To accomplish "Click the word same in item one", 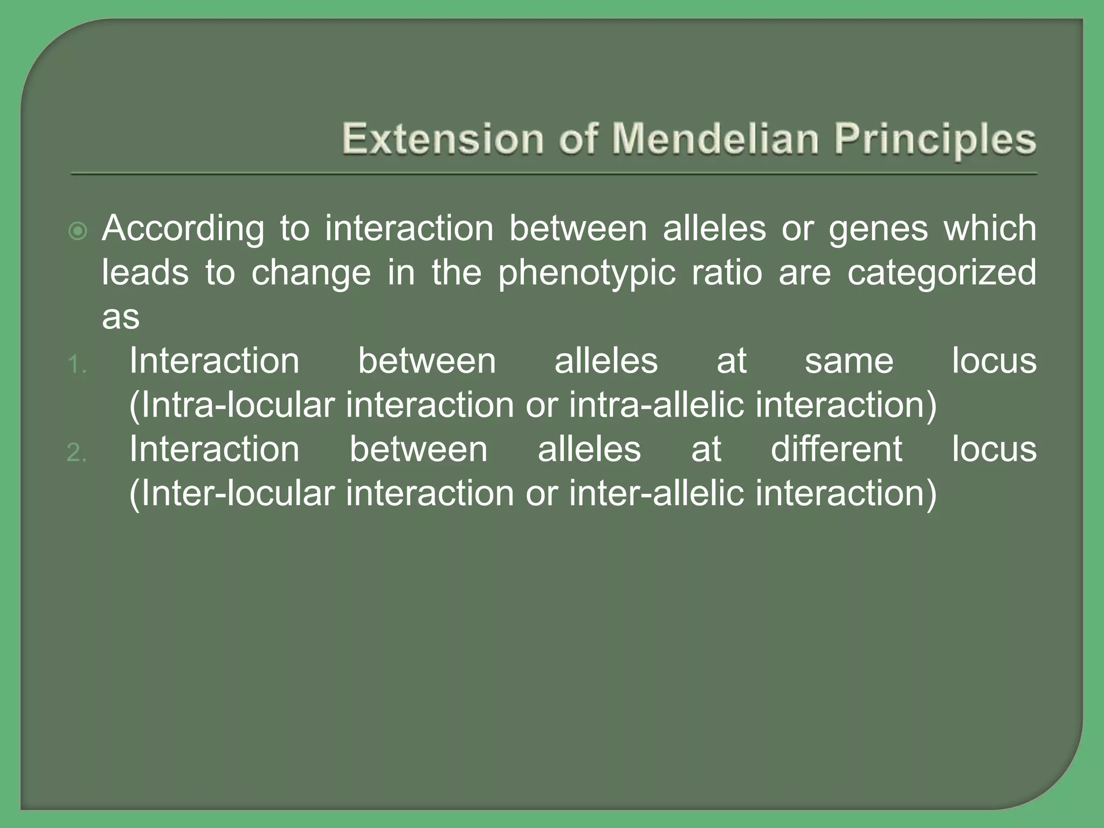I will pyautogui.click(x=849, y=361).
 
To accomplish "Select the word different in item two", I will pyautogui.click(x=836, y=449).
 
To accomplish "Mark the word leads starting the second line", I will pyautogui.click(x=145, y=272).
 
